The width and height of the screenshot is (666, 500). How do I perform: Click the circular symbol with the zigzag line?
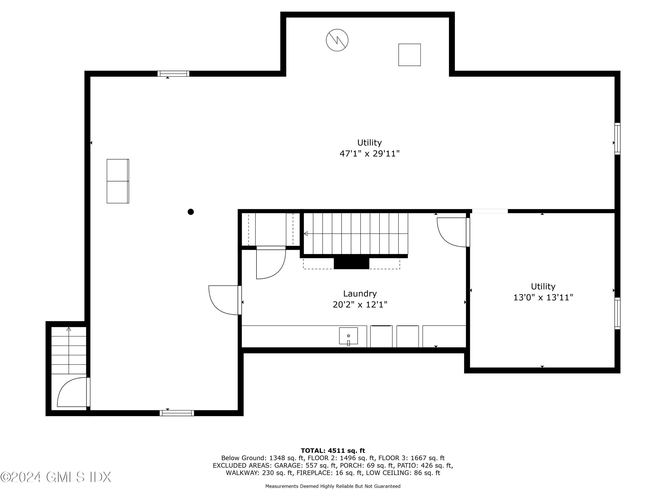point(337,40)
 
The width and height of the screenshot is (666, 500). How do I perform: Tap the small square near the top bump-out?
point(409,55)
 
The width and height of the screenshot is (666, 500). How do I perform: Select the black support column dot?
point(190,212)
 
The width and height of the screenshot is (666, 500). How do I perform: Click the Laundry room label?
point(360,294)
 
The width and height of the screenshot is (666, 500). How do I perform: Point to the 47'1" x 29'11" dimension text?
point(369,154)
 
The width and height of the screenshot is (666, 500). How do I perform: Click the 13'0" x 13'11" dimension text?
point(543,298)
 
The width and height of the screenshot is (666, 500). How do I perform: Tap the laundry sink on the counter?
point(348,336)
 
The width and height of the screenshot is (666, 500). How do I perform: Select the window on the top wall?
point(173,74)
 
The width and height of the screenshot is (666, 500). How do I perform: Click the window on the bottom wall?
point(177,413)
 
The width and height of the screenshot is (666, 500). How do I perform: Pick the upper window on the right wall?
point(617,139)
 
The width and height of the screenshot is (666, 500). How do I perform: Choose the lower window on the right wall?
point(617,313)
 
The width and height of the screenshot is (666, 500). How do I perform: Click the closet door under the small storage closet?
point(270,262)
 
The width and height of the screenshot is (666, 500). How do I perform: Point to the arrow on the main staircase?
point(306,234)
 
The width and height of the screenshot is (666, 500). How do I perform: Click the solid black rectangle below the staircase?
point(351,263)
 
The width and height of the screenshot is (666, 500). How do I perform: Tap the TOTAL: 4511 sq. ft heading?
point(333,451)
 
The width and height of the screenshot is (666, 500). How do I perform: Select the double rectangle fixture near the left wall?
point(118,181)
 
